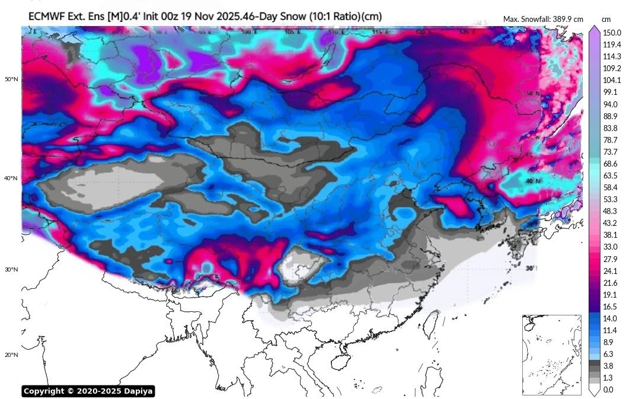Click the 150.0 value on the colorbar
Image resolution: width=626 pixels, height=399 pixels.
pyautogui.click(x=611, y=33)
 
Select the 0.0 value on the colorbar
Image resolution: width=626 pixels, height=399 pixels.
pyautogui.click(x=608, y=390)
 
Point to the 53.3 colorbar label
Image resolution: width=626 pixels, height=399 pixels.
pyautogui.click(x=611, y=199)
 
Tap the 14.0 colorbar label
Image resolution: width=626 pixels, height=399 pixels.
pyautogui.click(x=611, y=318)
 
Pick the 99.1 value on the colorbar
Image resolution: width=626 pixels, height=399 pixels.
pyautogui.click(x=611, y=92)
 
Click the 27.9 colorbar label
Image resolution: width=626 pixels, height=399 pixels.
pyautogui.click(x=611, y=259)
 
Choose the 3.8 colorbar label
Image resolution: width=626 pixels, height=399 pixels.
pyautogui.click(x=608, y=366)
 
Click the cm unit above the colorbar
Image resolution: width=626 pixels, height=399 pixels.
pyautogui.click(x=606, y=19)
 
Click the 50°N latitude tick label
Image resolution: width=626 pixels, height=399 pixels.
pyautogui.click(x=11, y=79)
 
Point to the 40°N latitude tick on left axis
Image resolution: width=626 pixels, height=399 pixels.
pyautogui.click(x=11, y=178)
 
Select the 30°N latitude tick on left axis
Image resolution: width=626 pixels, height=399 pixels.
pyautogui.click(x=11, y=269)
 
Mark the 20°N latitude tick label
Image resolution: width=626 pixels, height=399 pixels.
pyautogui.click(x=11, y=355)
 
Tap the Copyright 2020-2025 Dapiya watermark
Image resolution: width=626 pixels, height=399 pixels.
pyautogui.click(x=88, y=391)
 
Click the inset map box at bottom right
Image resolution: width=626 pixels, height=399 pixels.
pyautogui.click(x=551, y=355)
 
